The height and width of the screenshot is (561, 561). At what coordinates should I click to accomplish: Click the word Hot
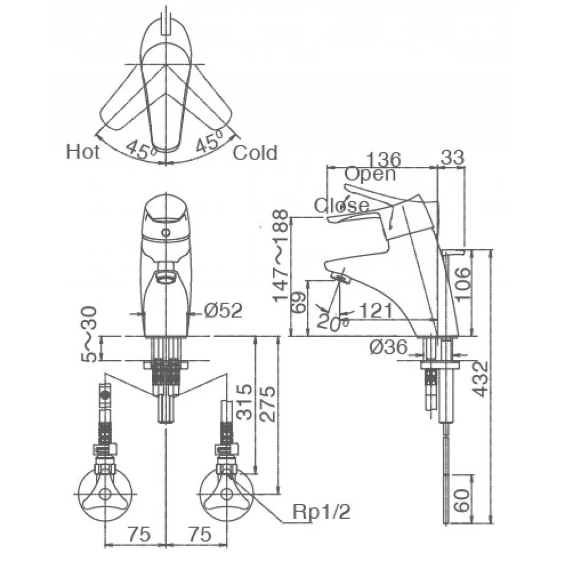pyautogui.click(x=83, y=152)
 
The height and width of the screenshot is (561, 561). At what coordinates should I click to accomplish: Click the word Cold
pyautogui.click(x=255, y=153)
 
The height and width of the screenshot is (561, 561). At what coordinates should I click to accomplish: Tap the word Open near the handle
pyautogui.click(x=370, y=174)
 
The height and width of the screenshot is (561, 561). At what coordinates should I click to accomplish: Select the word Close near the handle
pyautogui.click(x=342, y=205)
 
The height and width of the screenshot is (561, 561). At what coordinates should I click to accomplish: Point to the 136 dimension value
pyautogui.click(x=382, y=157)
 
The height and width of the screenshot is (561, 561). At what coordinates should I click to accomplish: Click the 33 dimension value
pyautogui.click(x=452, y=157)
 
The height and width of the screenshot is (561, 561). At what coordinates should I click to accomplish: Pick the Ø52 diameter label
pyautogui.click(x=222, y=310)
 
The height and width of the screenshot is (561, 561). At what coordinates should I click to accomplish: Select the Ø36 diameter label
pyautogui.click(x=389, y=348)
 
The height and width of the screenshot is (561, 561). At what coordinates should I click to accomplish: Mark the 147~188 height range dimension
pyautogui.click(x=280, y=256)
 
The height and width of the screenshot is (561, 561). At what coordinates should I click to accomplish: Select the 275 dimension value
pyautogui.click(x=269, y=402)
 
